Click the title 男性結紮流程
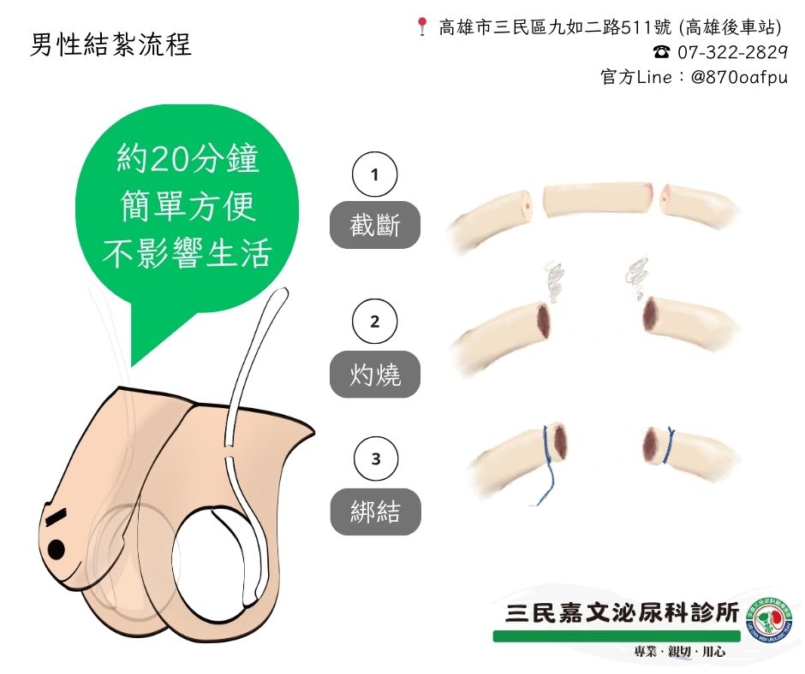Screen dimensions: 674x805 (110, 44)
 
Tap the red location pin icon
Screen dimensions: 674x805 (421, 27)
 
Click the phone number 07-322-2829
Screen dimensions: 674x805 (732, 52)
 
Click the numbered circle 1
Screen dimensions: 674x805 (374, 175)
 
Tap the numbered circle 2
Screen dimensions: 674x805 (374, 322)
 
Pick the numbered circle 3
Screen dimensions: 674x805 (374, 459)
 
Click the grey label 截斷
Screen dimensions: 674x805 (374, 226)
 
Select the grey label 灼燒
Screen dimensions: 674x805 (374, 374)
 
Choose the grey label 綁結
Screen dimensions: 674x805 (374, 511)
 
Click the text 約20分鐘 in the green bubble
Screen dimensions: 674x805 (188, 159)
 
